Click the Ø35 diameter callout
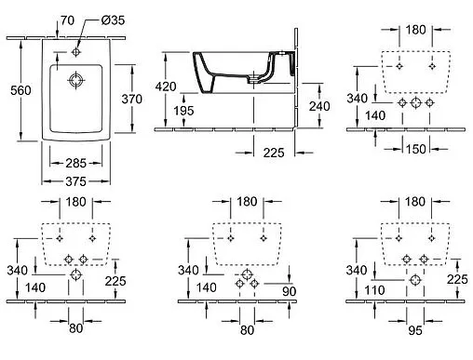point(113,20)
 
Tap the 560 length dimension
point(20,90)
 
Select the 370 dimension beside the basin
point(132,99)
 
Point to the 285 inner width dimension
point(76,163)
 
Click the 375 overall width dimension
point(76,181)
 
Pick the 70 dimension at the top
point(67,20)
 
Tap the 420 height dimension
point(166,87)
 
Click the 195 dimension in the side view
point(183,111)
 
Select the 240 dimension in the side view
point(319,106)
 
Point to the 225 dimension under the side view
point(274,153)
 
